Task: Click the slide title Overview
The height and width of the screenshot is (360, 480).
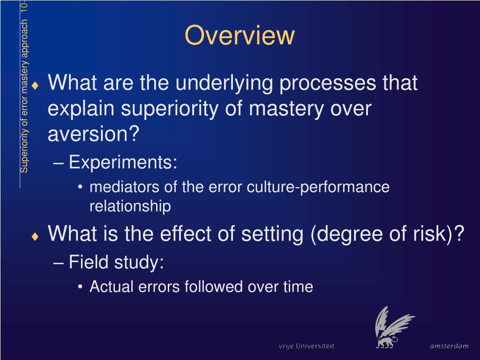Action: click(x=240, y=36)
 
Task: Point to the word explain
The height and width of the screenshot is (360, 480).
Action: click(x=82, y=109)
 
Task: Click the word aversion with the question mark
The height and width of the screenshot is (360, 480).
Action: click(x=94, y=135)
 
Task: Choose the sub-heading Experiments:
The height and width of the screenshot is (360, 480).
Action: click(x=123, y=163)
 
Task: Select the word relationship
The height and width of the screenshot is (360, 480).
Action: click(x=130, y=206)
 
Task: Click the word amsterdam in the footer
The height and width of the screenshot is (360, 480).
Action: click(x=449, y=346)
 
